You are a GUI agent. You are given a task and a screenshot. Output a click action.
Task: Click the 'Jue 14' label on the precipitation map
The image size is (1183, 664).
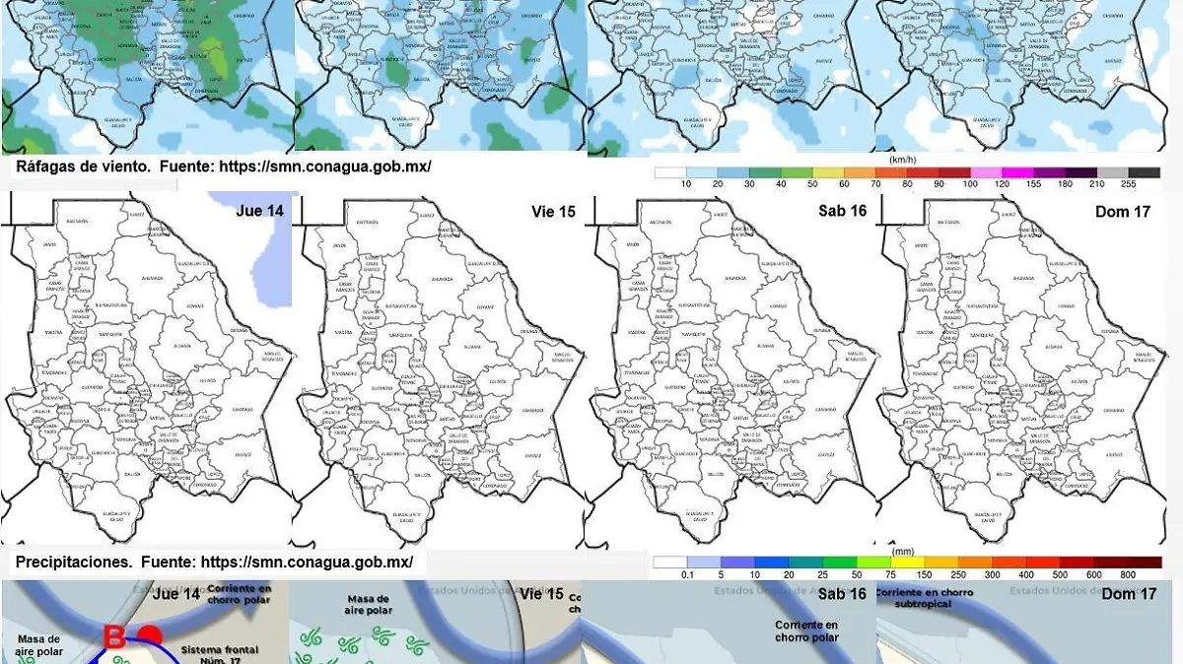260,211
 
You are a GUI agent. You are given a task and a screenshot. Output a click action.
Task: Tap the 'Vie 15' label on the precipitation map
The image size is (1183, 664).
553,211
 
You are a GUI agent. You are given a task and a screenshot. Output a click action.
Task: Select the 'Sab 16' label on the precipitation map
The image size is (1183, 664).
842,211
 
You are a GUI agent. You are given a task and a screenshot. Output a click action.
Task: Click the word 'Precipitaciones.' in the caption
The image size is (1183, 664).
74,563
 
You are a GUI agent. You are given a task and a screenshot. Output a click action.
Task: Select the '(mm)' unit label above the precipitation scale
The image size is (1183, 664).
903,550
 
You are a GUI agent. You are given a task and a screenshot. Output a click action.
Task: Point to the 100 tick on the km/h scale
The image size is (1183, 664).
971,185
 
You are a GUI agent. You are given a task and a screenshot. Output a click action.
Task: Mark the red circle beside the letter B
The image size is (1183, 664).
150,634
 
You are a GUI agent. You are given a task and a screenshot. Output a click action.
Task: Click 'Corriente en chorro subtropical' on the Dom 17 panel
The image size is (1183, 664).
924,598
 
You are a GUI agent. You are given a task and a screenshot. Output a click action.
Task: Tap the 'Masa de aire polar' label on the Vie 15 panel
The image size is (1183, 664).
369,604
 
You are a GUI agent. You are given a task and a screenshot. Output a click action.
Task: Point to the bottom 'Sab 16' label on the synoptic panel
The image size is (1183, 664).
842,594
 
